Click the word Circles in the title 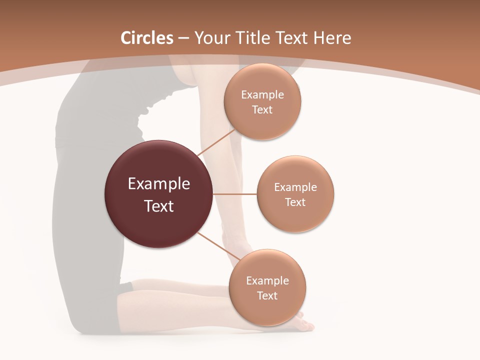click(147, 38)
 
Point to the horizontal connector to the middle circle click(234, 194)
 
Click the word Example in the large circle click(159, 183)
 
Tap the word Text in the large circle click(159, 206)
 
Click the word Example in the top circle click(262, 94)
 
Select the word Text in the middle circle click(295, 202)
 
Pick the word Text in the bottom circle click(267, 295)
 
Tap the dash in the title click(183, 38)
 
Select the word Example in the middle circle click(295, 187)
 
